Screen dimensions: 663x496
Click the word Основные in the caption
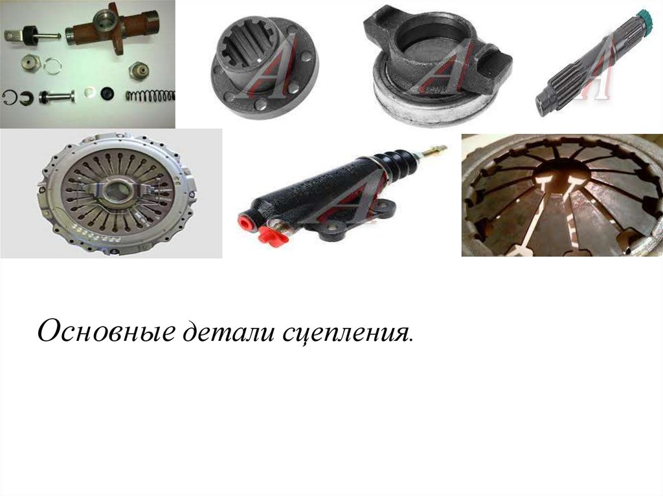[x=107, y=331]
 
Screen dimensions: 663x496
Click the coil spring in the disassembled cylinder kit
[x=150, y=96]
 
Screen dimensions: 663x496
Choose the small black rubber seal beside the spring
[x=108, y=93]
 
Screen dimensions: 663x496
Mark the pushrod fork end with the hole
[x=12, y=35]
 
